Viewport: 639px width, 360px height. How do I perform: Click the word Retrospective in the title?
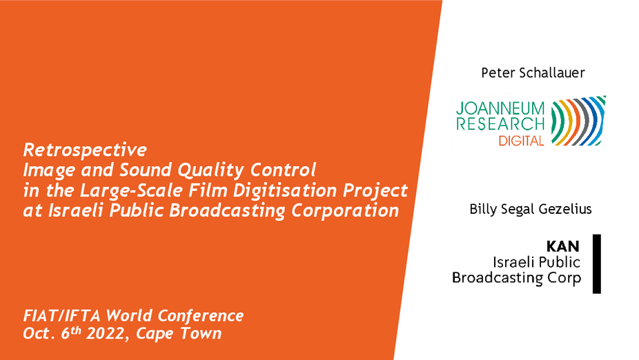(85, 150)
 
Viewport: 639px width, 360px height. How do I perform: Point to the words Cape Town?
(179, 334)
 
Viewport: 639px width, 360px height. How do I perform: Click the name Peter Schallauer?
(533, 73)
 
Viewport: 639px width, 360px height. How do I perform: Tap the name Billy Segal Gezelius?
(531, 210)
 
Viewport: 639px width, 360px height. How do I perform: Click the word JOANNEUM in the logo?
(500, 108)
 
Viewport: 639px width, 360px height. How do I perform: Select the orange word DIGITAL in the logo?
(522, 141)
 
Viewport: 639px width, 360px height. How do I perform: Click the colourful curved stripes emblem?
(578, 121)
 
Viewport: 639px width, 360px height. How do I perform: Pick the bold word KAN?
(563, 246)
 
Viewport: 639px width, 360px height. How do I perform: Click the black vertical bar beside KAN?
(597, 264)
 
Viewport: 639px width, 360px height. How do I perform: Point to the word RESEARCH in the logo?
(500, 124)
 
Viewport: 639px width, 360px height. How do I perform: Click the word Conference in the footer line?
(201, 316)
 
